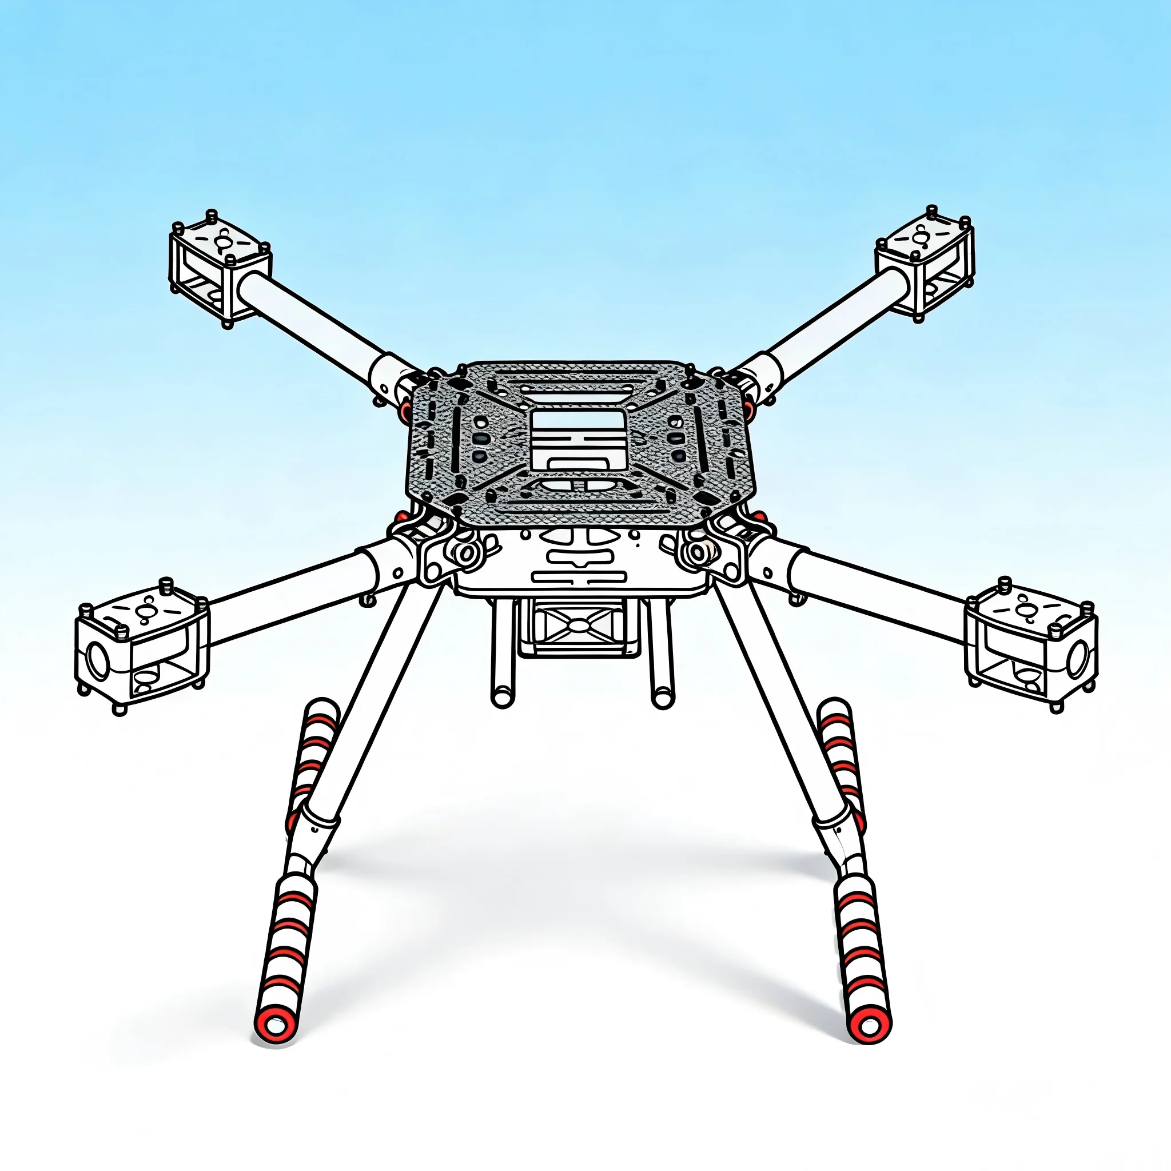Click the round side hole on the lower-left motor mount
pos(98,660)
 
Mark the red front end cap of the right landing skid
pos(871,1026)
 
